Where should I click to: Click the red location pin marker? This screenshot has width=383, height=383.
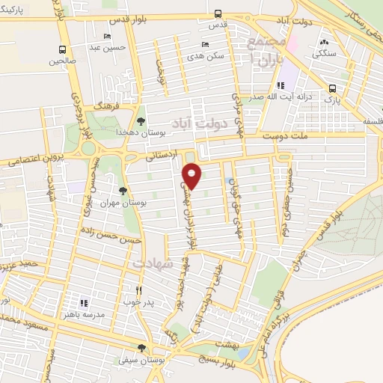pyautogui.click(x=193, y=176)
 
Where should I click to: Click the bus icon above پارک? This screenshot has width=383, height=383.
pyautogui.click(x=331, y=88)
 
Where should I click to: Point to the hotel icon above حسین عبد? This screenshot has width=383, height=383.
pyautogui.click(x=108, y=36)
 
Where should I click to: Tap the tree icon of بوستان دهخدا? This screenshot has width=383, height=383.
pyautogui.click(x=140, y=120)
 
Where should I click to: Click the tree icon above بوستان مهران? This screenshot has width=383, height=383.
pyautogui.click(x=123, y=191)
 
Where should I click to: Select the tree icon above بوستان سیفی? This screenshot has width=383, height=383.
pyautogui.click(x=140, y=349)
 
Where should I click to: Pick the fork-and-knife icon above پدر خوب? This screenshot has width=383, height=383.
pyautogui.click(x=138, y=289)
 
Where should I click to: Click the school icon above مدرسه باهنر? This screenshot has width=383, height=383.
pyautogui.click(x=84, y=303)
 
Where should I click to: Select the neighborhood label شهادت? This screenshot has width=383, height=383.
pyautogui.click(x=153, y=264)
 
